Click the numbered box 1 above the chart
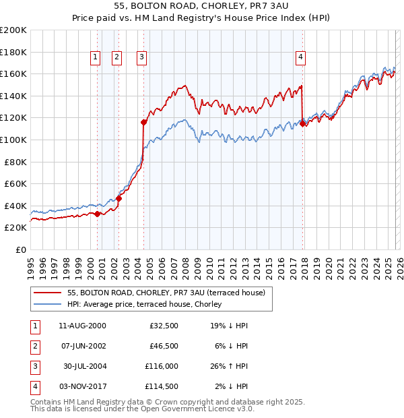[95, 58]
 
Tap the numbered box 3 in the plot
[142, 58]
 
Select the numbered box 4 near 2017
[300, 58]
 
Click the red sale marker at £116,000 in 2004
[143, 122]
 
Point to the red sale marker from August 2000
[97, 214]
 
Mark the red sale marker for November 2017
[303, 123]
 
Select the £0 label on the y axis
[20, 249]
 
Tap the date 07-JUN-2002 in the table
[82, 346]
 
